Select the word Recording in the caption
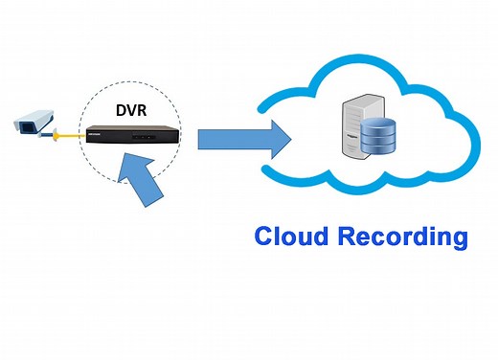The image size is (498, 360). pyautogui.click(x=405, y=236)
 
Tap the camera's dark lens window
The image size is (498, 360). pyautogui.click(x=18, y=124)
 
